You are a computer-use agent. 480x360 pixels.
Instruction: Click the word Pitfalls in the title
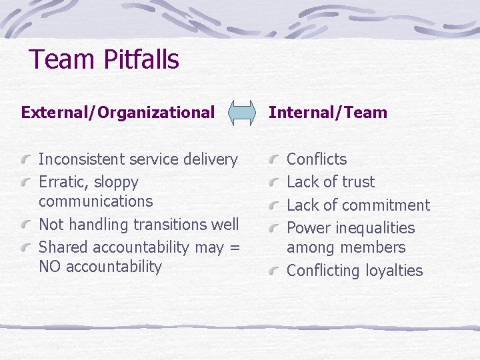[141, 59]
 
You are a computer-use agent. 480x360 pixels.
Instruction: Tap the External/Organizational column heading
[118, 112]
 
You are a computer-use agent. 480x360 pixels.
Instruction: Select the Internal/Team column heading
[327, 112]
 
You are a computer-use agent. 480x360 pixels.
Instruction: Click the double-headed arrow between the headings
[241, 113]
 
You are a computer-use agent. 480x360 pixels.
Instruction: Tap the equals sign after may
[233, 247]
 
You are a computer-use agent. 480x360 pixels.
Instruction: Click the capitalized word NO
[49, 267]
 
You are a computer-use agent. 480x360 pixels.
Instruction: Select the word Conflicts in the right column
[317, 159]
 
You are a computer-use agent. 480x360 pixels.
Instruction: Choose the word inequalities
[375, 228]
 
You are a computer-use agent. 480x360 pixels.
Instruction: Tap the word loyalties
[395, 271]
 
